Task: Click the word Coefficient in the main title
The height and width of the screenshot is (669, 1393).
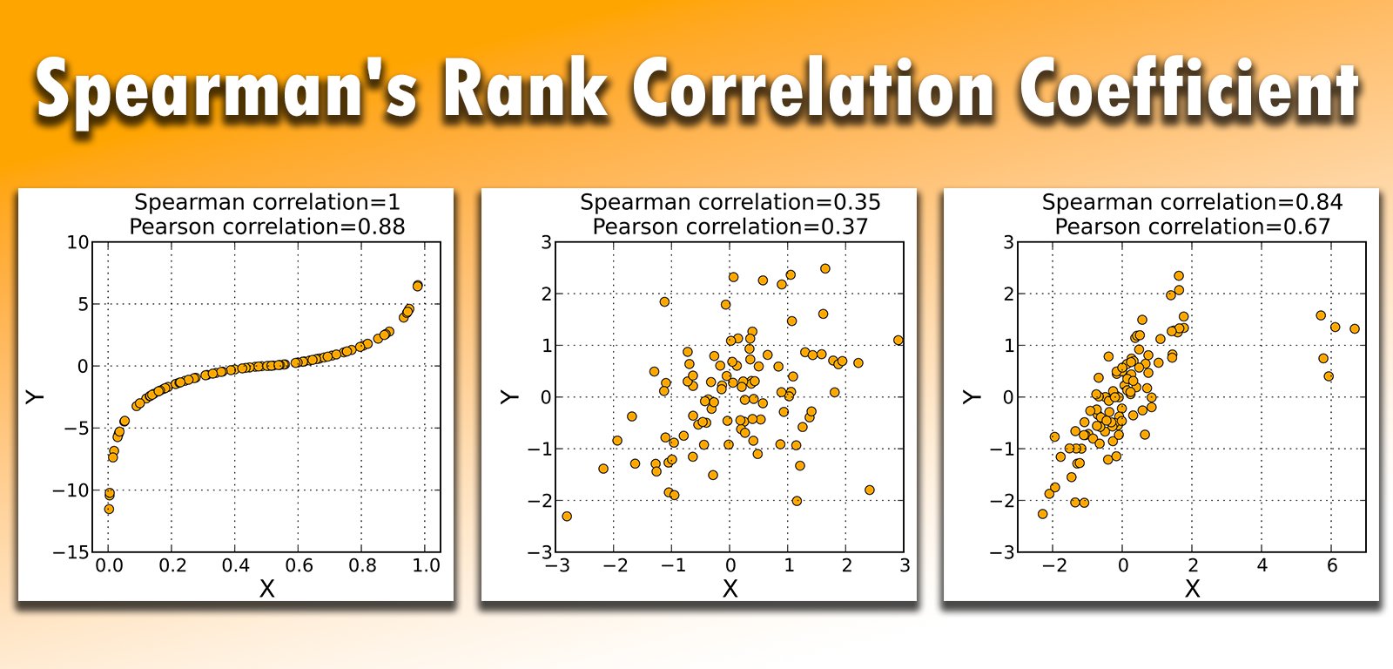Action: tap(1189, 89)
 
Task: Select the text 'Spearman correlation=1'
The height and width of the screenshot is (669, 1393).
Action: tap(267, 202)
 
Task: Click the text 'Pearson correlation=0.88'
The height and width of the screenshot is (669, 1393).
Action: tap(267, 226)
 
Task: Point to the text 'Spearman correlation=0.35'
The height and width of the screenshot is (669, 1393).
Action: tap(730, 202)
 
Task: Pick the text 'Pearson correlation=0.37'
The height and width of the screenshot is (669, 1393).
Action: tap(730, 226)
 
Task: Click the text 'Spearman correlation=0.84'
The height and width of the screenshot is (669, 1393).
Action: tap(1192, 202)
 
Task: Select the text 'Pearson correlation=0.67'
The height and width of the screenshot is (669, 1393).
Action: tap(1192, 226)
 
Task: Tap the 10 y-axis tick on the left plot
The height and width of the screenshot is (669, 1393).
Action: tap(78, 242)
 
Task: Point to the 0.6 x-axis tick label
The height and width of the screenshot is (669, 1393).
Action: tap(299, 565)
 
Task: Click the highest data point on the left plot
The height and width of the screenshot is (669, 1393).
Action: tap(418, 286)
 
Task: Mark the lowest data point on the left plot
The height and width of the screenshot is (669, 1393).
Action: tap(109, 509)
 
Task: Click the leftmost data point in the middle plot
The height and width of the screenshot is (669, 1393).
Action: tap(567, 517)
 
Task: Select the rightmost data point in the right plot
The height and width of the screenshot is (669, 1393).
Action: tap(1355, 328)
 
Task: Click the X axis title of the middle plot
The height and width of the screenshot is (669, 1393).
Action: tap(730, 590)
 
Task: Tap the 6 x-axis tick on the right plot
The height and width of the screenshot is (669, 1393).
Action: tap(1332, 565)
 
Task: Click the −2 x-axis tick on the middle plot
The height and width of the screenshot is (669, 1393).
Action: tap(615, 565)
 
